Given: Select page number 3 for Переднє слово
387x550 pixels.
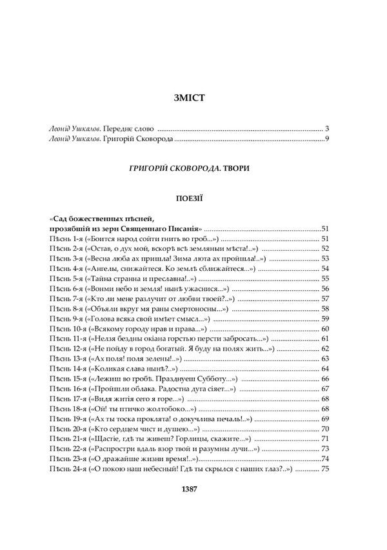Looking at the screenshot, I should (x=328, y=128).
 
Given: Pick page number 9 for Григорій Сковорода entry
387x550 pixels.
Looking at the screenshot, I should (x=328, y=138).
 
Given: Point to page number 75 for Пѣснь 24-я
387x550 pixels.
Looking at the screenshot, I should (x=325, y=469).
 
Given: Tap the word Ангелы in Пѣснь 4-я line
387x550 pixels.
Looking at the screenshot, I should (x=107, y=268).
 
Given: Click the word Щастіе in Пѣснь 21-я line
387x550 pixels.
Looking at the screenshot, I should (x=110, y=438).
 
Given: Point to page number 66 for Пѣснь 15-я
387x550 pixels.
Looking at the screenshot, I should (x=325, y=398).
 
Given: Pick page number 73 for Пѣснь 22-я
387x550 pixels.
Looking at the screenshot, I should (x=325, y=449).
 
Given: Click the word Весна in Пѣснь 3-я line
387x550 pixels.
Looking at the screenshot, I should (x=104, y=259).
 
